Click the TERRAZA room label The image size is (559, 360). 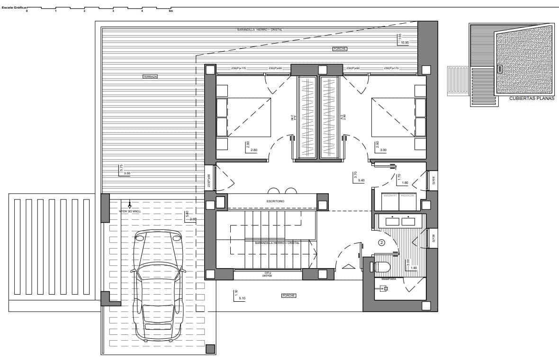click(150, 76)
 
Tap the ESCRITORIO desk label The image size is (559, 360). click(275, 201)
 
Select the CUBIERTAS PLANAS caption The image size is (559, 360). click(531, 99)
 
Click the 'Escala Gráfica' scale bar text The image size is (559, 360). click(14, 8)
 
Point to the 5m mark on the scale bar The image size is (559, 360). click(171, 11)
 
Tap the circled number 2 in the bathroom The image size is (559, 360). click(382, 243)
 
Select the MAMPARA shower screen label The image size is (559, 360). click(388, 279)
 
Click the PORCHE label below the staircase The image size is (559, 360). click(289, 296)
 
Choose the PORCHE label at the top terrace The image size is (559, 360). click(339, 49)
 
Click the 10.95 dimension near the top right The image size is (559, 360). click(405, 43)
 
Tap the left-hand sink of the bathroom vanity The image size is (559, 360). click(392, 221)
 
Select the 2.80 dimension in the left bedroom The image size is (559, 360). click(254, 150)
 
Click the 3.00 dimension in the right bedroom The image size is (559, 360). click(383, 150)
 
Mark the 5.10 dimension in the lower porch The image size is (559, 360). click(242, 298)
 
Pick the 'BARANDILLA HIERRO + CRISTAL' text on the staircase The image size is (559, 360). click(277, 243)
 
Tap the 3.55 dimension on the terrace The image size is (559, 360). click(127, 174)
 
